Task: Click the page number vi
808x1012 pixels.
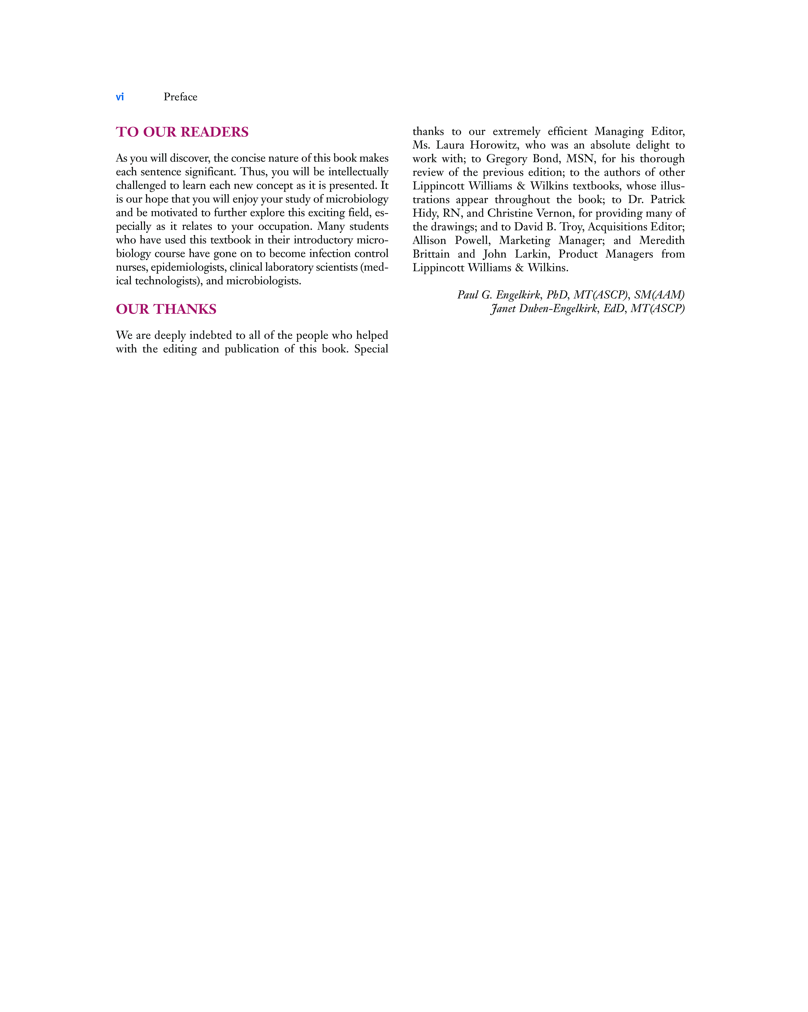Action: click(120, 97)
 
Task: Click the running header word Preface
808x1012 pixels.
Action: click(180, 97)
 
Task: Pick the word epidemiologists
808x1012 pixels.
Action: click(187, 268)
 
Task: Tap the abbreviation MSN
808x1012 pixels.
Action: click(580, 159)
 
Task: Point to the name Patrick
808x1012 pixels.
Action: click(667, 200)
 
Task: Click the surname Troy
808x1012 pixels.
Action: click(571, 227)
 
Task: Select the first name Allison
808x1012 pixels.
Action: click(429, 240)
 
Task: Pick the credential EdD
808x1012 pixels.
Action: click(614, 308)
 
